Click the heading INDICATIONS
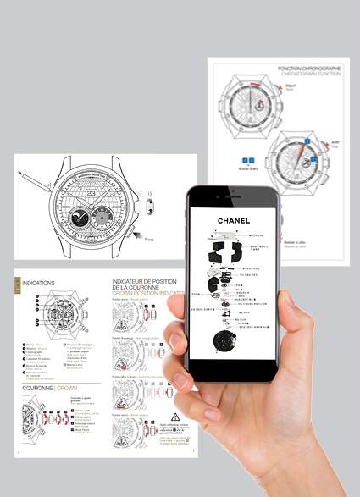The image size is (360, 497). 39,283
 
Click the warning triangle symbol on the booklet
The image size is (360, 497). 174,417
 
